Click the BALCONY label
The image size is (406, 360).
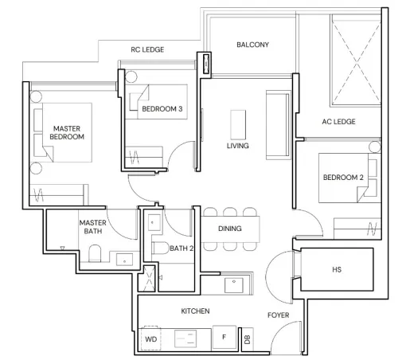tap(252, 45)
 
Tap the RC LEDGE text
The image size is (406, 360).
tap(147, 49)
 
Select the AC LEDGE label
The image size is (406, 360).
tap(338, 122)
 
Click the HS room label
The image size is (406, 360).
tap(337, 270)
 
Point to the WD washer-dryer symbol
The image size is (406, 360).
tap(150, 338)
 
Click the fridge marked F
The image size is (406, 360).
tap(224, 338)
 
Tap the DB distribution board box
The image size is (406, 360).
tap(248, 339)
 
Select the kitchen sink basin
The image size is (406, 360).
tap(234, 285)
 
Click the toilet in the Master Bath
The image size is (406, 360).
tap(95, 253)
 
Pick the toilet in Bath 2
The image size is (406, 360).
tap(160, 248)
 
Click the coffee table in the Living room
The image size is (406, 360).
tap(238, 124)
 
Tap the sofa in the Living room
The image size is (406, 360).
tap(278, 125)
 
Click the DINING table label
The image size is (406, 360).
tap(230, 229)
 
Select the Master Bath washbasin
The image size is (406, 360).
tap(124, 260)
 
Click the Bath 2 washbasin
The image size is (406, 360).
tap(154, 222)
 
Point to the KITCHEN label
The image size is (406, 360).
tap(195, 311)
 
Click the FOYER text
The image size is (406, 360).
tap(278, 315)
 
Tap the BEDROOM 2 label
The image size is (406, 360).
tap(343, 178)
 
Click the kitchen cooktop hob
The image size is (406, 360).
tap(185, 338)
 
